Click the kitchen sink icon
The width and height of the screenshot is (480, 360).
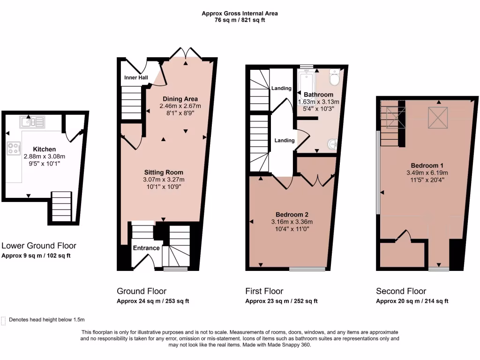coord(32,122)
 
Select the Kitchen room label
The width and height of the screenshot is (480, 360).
coord(45,149)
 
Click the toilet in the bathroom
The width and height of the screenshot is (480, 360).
coord(334,78)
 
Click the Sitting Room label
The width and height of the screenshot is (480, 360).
coord(164,172)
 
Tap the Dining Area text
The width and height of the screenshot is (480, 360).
coord(180,99)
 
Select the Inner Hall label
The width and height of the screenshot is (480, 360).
coord(136,77)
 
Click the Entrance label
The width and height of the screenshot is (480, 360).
coord(146,247)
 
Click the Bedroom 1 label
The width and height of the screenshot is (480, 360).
coord(427,165)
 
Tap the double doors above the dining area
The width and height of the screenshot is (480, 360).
coord(186,53)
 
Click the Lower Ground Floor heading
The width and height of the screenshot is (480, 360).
coord(39,246)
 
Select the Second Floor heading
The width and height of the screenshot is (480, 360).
coord(401,291)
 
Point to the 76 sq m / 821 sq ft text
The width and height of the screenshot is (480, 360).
coord(240,21)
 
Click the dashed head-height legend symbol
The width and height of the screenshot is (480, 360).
coord(4,320)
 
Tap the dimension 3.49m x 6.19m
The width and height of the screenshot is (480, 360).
coord(427,172)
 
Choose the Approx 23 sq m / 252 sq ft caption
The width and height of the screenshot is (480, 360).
coord(281,301)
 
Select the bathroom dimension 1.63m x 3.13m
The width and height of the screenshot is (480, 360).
coord(319,102)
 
